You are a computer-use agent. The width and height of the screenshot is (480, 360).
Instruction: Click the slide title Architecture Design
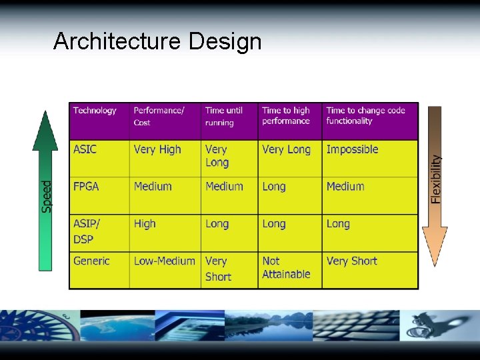[x=157, y=41]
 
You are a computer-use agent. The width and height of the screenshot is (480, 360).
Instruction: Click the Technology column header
[x=95, y=111]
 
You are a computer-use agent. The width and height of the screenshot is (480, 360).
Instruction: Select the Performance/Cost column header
[x=159, y=116]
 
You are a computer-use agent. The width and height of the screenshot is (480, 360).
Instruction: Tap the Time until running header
[x=224, y=116]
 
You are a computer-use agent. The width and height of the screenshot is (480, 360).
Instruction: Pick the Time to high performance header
[x=286, y=115]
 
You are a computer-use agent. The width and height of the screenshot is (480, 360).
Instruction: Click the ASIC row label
[x=85, y=149]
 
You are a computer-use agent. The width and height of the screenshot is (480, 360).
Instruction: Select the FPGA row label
[x=86, y=187]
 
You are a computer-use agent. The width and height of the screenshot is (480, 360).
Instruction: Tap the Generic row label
[x=91, y=261]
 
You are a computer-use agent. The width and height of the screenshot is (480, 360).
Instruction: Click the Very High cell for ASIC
[x=157, y=149]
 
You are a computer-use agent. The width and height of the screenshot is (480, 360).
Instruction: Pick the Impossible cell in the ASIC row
[x=352, y=149]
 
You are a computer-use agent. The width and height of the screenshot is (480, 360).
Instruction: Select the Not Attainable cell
[x=286, y=267]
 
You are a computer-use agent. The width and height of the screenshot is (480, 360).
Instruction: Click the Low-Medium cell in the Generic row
[x=164, y=261]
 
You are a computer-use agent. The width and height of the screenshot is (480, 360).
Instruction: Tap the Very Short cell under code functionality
[x=351, y=261]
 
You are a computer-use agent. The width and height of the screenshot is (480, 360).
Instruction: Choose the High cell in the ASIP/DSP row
[x=145, y=224]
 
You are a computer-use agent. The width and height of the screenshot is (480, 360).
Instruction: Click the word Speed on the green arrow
[x=47, y=197]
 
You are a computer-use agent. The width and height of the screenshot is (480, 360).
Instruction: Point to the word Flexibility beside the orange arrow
[x=436, y=179]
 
